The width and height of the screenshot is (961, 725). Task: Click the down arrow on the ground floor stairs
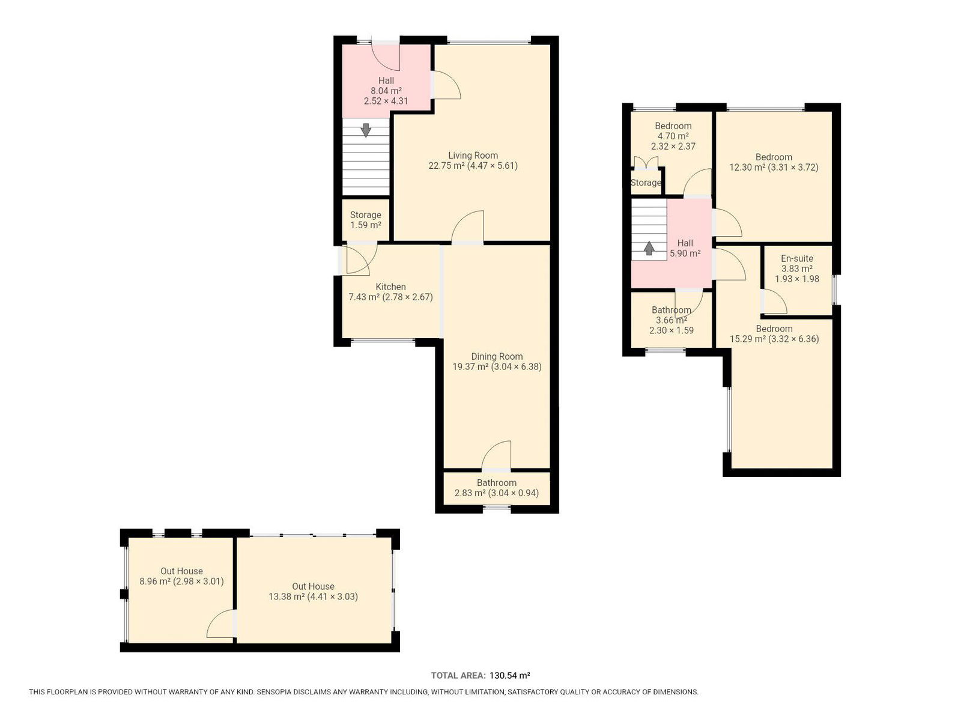tap(366, 130)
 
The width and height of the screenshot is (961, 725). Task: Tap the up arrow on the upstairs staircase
tap(649, 248)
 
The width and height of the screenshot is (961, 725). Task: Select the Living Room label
tap(473, 156)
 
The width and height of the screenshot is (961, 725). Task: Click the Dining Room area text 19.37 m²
tap(470, 367)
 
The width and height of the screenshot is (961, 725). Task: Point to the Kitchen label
tap(390, 287)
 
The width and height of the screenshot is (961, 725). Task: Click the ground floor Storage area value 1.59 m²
tap(366, 225)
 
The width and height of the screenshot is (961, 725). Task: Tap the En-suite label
tap(797, 258)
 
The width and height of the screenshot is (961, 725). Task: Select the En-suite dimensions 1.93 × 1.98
tap(797, 279)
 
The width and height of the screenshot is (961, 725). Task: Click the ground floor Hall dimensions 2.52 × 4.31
tap(386, 101)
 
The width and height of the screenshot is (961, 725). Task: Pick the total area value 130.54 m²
tap(509, 676)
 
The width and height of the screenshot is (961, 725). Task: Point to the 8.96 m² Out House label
tap(181, 571)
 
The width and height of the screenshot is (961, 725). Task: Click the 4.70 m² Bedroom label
tap(673, 126)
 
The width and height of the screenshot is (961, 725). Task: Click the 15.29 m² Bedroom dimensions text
tap(794, 339)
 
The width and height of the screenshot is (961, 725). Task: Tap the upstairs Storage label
tap(646, 183)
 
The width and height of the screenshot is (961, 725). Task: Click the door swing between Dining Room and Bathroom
tap(497, 455)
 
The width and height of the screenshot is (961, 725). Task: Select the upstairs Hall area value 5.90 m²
tap(685, 253)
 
